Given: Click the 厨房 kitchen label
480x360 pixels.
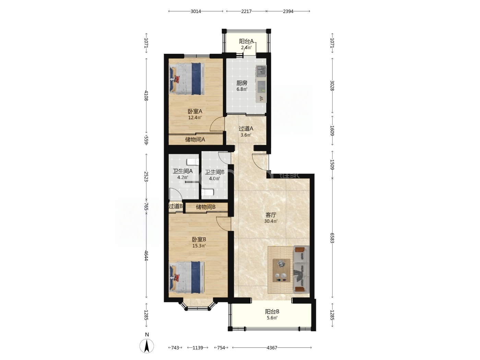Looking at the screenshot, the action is tap(242, 83).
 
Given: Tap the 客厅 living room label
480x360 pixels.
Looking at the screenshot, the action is tap(271, 215).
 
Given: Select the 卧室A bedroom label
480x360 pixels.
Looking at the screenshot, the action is tap(195, 111).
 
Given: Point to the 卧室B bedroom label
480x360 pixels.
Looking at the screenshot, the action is tap(199, 239).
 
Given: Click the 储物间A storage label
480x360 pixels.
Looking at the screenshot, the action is tap(195, 140).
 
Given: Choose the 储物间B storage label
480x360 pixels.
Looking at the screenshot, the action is tap(206, 207).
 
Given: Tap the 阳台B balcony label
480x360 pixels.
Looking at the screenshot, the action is tap(272, 311).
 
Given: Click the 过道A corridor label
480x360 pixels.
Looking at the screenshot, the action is tap(246, 129).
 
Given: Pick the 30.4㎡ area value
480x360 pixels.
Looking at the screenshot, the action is tap(271, 221).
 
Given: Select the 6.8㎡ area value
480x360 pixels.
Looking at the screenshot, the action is tap(242, 89).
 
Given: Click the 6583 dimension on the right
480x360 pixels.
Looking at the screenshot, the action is tap(332, 238).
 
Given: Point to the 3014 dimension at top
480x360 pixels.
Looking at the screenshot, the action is tap(195, 11).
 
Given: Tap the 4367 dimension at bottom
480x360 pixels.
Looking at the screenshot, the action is tap(272, 348).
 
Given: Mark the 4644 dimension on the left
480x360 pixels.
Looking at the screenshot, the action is tap(146, 255).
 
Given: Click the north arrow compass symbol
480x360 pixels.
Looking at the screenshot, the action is tap(147, 346).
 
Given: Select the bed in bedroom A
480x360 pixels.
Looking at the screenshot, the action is tap(187, 79).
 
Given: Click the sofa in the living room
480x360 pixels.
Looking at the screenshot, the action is tap(301, 269).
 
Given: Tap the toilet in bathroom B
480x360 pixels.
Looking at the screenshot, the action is tap(207, 192).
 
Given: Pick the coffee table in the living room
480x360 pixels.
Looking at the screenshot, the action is tap(281, 271).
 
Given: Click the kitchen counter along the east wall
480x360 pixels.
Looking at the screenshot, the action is tap(261, 84).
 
